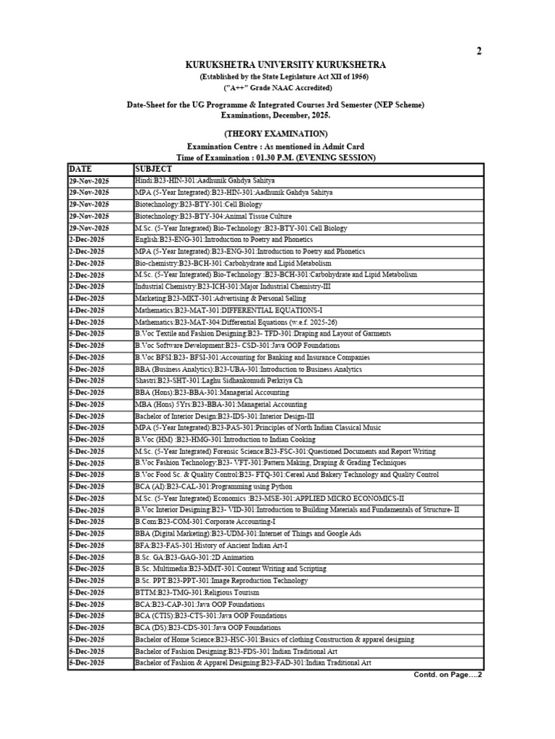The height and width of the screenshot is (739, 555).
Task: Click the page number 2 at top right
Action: tap(478, 51)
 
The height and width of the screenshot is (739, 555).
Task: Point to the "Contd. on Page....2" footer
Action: tap(447, 675)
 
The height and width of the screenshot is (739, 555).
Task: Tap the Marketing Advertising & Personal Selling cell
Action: tap(220, 298)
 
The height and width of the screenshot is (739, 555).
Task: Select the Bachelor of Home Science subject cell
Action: tap(274, 639)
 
